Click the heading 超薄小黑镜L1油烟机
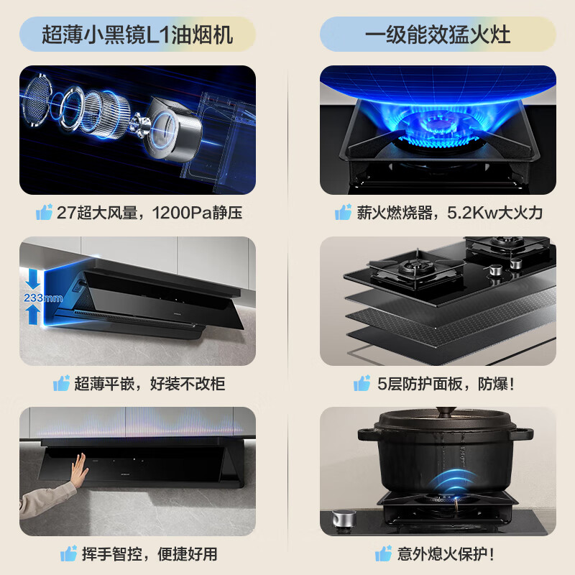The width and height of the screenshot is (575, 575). pyautogui.click(x=137, y=34)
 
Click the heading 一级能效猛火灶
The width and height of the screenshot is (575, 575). pyautogui.click(x=438, y=34)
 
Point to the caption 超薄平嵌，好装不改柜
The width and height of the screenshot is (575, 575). pyautogui.click(x=149, y=384)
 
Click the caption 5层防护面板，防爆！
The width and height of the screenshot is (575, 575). pyautogui.click(x=446, y=384)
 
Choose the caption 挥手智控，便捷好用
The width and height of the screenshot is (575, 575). pyautogui.click(x=149, y=553)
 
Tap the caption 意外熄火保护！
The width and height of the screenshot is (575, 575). pyautogui.click(x=446, y=553)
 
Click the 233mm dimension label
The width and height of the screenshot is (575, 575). pyautogui.click(x=32, y=298)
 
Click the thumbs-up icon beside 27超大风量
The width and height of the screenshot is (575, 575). pyautogui.click(x=45, y=212)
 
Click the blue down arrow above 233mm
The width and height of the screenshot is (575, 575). pyautogui.click(x=32, y=277)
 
